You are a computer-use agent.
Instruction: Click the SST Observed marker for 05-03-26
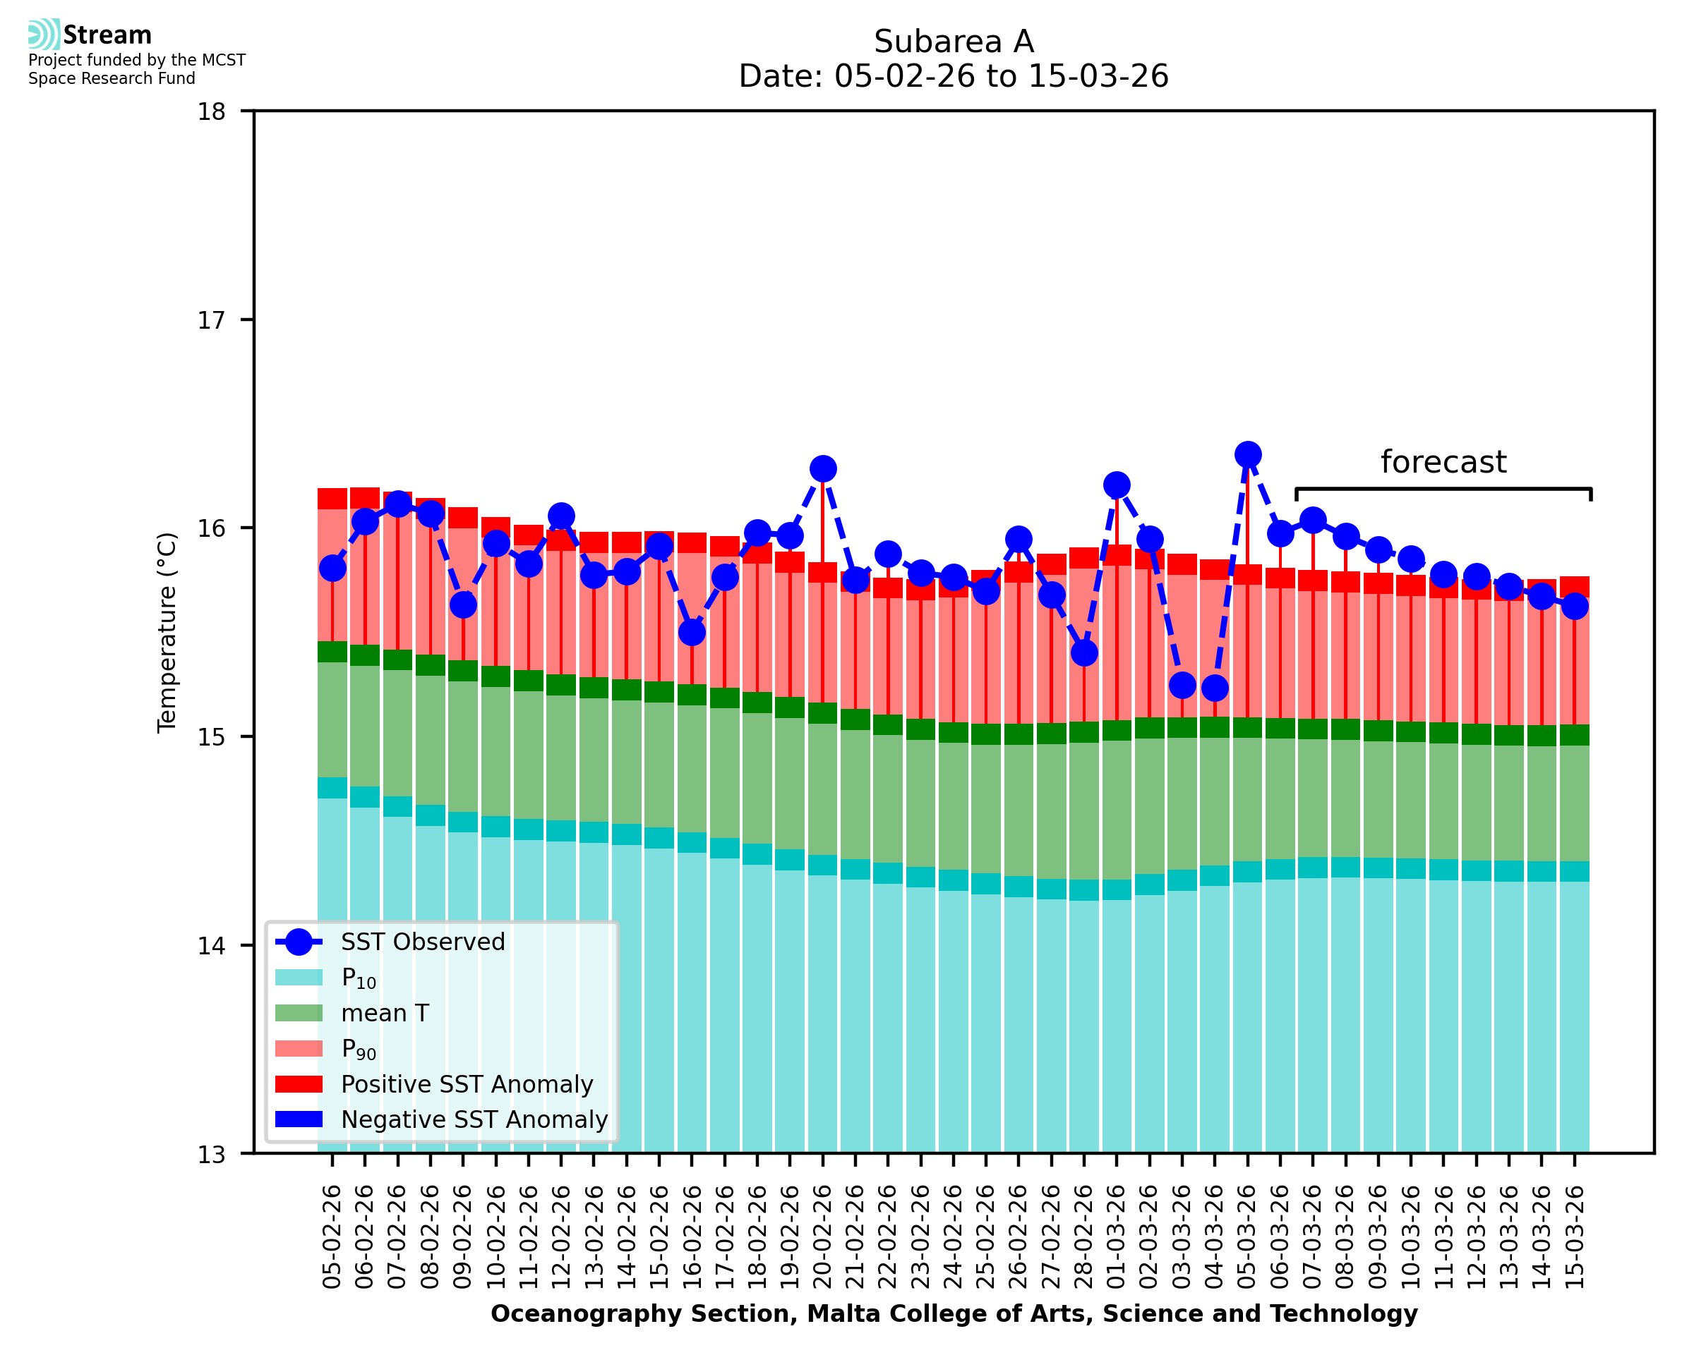click(x=1247, y=454)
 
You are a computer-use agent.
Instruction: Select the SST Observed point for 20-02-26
click(x=822, y=469)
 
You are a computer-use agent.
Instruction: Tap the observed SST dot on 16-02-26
click(x=692, y=632)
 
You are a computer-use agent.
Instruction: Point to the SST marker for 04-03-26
click(x=1214, y=688)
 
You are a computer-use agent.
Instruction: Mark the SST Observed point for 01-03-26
click(x=1117, y=485)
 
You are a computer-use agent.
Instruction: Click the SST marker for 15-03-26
click(x=1574, y=606)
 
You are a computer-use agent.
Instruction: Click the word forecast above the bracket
click(x=1443, y=462)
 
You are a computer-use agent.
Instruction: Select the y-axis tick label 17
click(x=211, y=320)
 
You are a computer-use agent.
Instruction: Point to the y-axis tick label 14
click(x=211, y=946)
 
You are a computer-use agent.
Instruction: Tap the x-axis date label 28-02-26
click(x=1084, y=1237)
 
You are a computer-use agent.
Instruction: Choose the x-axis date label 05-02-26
click(x=332, y=1237)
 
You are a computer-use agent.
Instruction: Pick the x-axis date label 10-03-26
click(x=1410, y=1237)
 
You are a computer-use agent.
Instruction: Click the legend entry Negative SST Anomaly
click(x=474, y=1120)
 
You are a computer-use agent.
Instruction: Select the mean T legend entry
click(x=385, y=1013)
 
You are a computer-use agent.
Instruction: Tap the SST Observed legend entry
click(x=423, y=942)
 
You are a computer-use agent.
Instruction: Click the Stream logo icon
click(x=44, y=35)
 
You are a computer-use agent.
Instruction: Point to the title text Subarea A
click(x=954, y=42)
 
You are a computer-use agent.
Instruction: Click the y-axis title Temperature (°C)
click(x=167, y=633)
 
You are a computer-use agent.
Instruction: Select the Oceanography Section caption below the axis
click(x=954, y=1314)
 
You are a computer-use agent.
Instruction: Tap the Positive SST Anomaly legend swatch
click(x=299, y=1084)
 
